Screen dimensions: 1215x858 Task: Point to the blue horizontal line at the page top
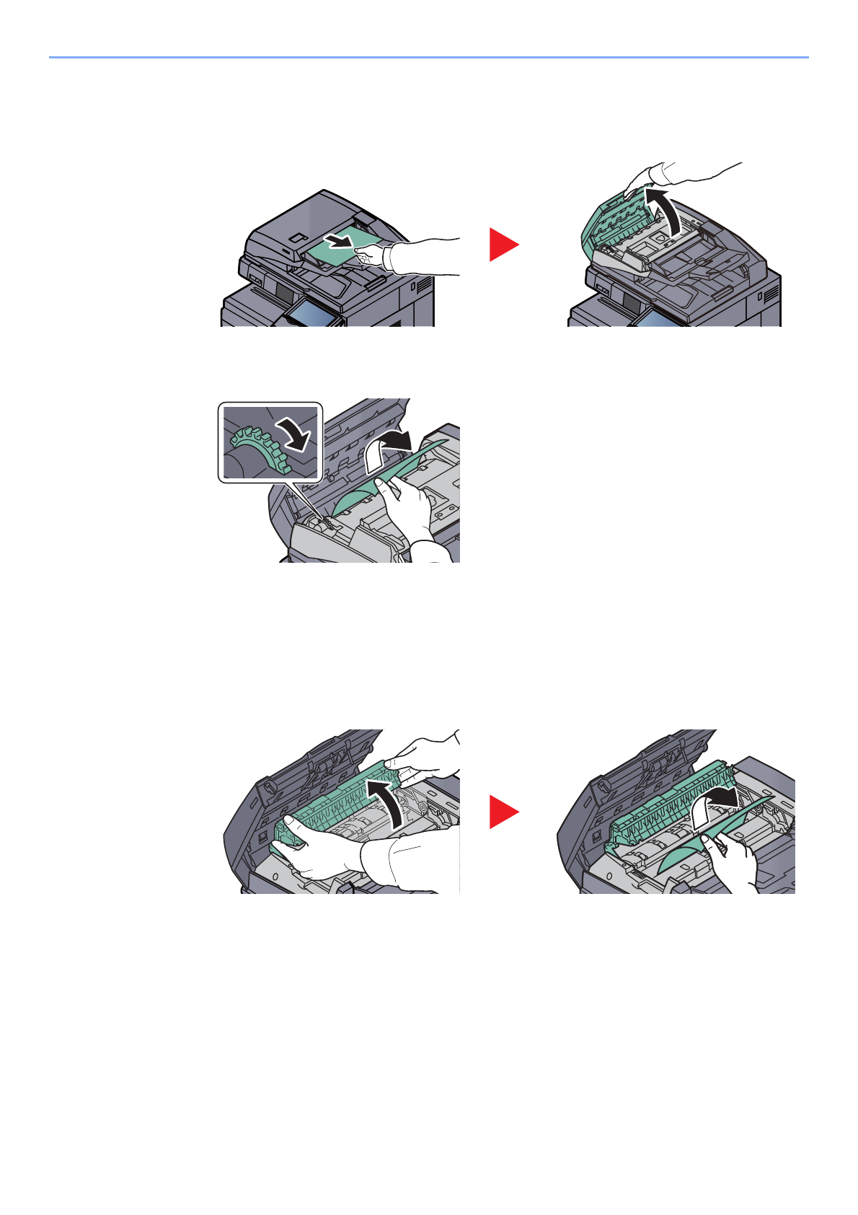click(x=428, y=57)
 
